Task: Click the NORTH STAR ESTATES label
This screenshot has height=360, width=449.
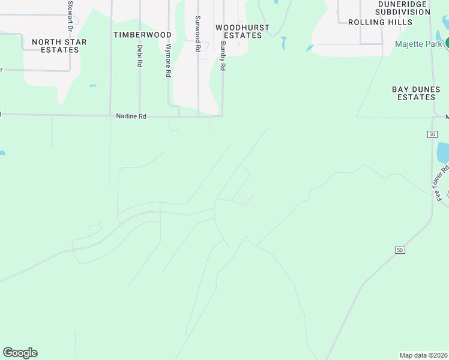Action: pyautogui.click(x=59, y=46)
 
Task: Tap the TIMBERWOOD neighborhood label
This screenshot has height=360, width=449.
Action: pyautogui.click(x=142, y=35)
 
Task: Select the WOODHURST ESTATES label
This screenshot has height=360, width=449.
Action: pyautogui.click(x=243, y=31)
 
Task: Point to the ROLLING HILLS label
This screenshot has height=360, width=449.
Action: pyautogui.click(x=380, y=22)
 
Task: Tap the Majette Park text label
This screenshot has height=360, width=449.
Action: pyautogui.click(x=418, y=44)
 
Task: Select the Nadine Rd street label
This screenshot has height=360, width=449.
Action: pyautogui.click(x=131, y=116)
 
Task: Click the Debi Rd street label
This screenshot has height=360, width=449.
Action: pyautogui.click(x=139, y=56)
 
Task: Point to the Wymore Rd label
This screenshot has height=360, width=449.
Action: pyautogui.click(x=169, y=61)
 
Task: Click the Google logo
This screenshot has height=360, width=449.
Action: pyautogui.click(x=20, y=353)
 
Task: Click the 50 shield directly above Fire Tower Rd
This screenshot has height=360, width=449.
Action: pyautogui.click(x=432, y=134)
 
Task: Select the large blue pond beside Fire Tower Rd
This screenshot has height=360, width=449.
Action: pyautogui.click(x=442, y=153)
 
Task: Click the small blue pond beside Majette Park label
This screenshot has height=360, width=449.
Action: pyautogui.click(x=310, y=48)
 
